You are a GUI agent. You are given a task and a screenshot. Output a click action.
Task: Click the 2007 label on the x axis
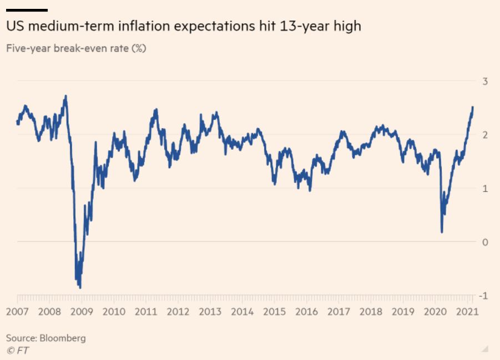18,312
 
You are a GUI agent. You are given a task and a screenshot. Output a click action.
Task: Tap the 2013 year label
210,312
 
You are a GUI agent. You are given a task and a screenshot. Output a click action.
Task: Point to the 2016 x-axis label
306,312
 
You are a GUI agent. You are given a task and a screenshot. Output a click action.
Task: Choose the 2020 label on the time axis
435,312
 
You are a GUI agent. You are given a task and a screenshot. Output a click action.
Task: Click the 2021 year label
467,312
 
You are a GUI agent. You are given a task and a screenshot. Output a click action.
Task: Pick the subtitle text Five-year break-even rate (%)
76,48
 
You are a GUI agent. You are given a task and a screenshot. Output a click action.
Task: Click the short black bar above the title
27,10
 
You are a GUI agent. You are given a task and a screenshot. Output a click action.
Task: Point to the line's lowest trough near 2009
80,287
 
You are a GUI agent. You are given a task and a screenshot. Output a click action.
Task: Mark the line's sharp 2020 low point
442,232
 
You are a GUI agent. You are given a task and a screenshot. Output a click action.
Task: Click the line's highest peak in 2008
65,96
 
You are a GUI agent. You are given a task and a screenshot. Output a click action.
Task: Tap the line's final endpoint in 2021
473,107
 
